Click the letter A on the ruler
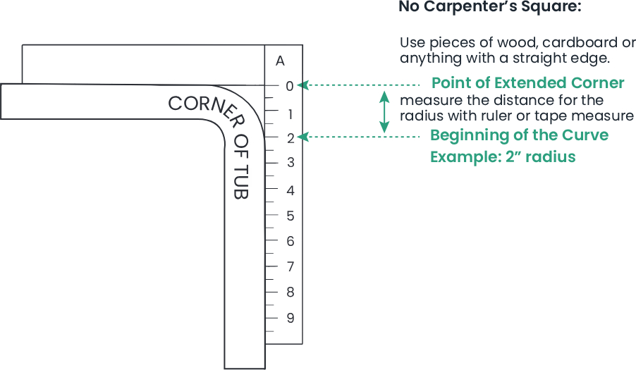[x=280, y=61]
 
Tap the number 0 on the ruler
[x=290, y=86]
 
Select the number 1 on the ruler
[x=291, y=114]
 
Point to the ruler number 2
[x=291, y=139]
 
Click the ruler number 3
[x=291, y=163]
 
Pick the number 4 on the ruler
[x=291, y=190]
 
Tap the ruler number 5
[x=291, y=216]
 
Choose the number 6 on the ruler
[x=291, y=241]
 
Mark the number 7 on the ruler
[x=291, y=266]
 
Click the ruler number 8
[x=291, y=292]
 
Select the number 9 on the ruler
[x=291, y=318]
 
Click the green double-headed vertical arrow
[x=384, y=112]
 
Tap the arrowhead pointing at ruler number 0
[x=302, y=85]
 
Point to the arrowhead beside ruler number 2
[x=302, y=137]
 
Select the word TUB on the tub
[x=241, y=182]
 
